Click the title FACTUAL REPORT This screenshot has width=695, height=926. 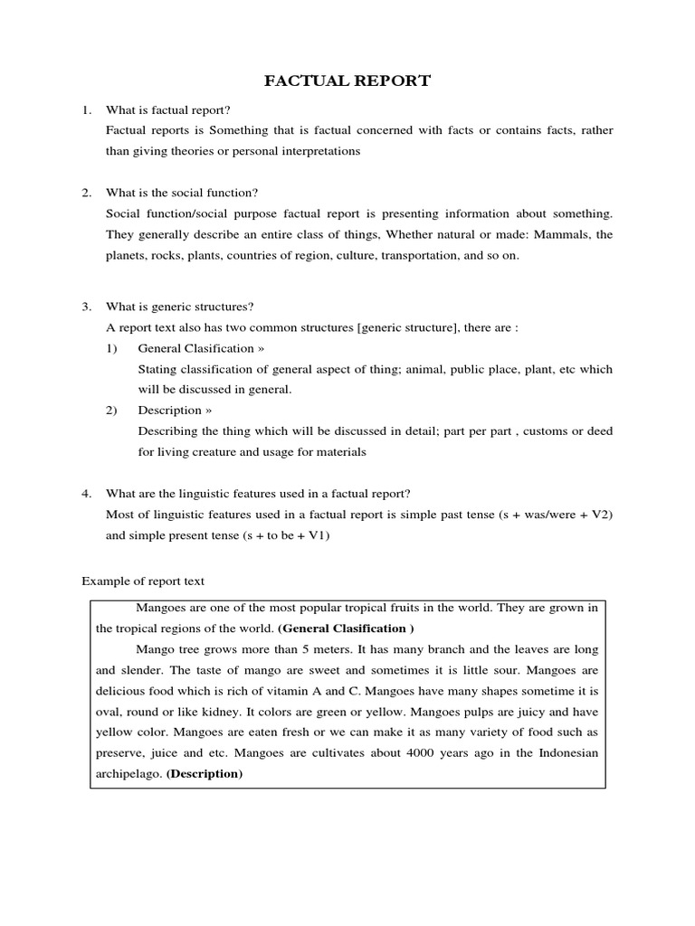coord(347,81)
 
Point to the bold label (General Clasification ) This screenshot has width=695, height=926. coord(347,628)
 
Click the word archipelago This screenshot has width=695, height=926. coord(129,774)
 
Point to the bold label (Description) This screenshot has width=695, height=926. coord(205,774)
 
